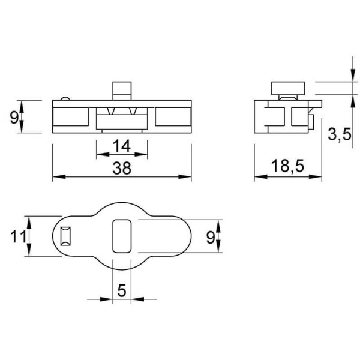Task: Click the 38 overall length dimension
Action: coord(122,168)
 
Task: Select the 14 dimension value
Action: coord(122,146)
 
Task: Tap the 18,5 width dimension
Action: coord(287,166)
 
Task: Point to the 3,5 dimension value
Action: coord(340,134)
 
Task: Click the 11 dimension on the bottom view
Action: coord(18,236)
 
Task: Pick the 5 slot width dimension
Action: coord(122,290)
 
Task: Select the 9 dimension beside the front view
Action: coord(14,118)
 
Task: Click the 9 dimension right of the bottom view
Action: coord(211,238)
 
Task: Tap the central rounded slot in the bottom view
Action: coord(122,236)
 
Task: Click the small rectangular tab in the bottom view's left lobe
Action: coord(65,236)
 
